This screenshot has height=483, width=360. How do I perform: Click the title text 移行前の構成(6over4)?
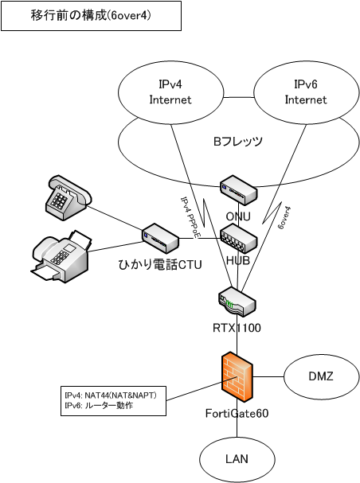[x=91, y=15]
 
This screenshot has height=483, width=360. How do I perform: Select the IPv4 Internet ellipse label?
[x=170, y=92]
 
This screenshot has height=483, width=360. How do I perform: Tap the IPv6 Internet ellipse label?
[x=306, y=92]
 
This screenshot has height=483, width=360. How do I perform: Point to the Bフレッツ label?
[x=238, y=141]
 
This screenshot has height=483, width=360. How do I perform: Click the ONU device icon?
[x=238, y=190]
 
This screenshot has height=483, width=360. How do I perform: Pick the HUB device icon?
[x=238, y=239]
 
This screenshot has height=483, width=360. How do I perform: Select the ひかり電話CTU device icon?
[x=160, y=239]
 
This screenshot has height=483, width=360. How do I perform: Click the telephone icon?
[x=68, y=198]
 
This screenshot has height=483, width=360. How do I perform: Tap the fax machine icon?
[x=61, y=255]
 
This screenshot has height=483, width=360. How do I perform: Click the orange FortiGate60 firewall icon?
[x=237, y=376]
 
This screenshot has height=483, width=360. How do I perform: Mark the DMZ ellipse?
[x=321, y=376]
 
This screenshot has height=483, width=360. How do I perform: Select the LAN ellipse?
[x=237, y=459]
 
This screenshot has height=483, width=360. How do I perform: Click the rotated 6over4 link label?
[x=284, y=218]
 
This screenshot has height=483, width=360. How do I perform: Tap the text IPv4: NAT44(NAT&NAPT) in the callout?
[x=111, y=395]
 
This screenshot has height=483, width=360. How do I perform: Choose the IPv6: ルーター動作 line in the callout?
[x=99, y=405]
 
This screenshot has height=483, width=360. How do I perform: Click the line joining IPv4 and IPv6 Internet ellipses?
[x=239, y=98]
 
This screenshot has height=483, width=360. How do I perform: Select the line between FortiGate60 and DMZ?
[x=268, y=376]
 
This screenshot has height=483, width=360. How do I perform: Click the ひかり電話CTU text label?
[x=160, y=265]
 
